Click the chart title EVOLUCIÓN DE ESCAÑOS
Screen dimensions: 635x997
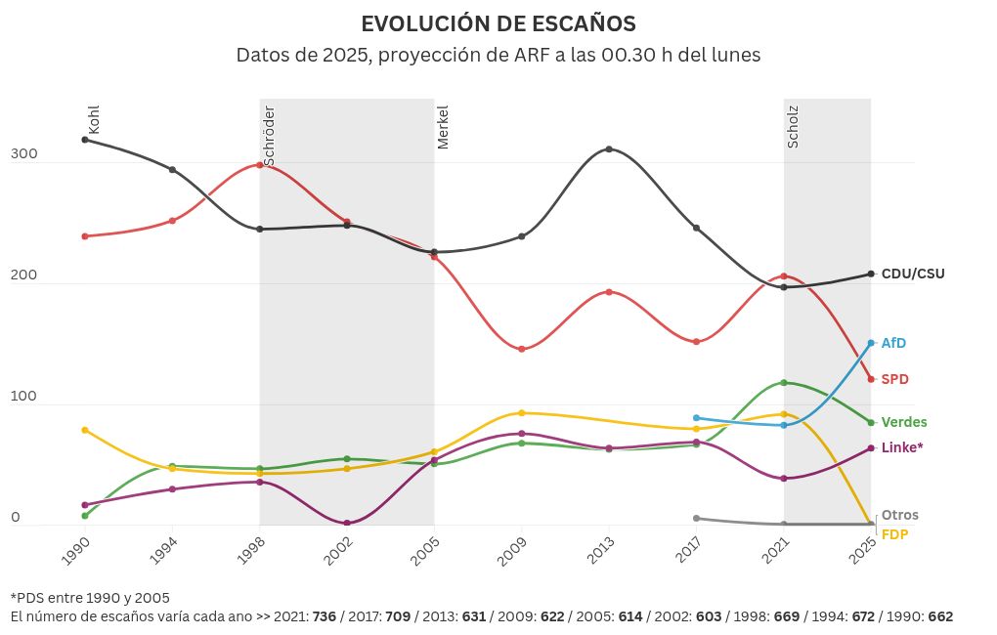[x=498, y=23]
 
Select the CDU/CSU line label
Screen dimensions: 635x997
[x=913, y=275]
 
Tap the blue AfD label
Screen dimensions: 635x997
[x=893, y=343]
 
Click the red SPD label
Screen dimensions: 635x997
[x=894, y=379]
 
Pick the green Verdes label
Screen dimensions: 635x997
[x=904, y=422]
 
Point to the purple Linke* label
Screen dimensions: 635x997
[x=901, y=447]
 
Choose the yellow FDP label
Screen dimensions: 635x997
[x=894, y=534]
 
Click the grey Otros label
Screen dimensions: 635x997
[x=899, y=515]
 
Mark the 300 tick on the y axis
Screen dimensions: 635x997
[x=23, y=154]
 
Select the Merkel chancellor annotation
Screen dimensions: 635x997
[x=443, y=127]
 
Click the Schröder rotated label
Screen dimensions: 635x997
[x=269, y=135]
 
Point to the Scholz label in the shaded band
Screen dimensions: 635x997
[x=793, y=127]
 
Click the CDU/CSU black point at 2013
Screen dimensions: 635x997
[x=609, y=149]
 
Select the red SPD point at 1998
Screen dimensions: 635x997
[x=260, y=165]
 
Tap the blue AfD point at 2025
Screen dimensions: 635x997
[x=870, y=343]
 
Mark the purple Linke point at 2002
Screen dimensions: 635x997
[x=347, y=523]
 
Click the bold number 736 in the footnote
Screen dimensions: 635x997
[x=325, y=617]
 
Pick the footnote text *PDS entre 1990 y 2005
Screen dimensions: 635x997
[x=90, y=598]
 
